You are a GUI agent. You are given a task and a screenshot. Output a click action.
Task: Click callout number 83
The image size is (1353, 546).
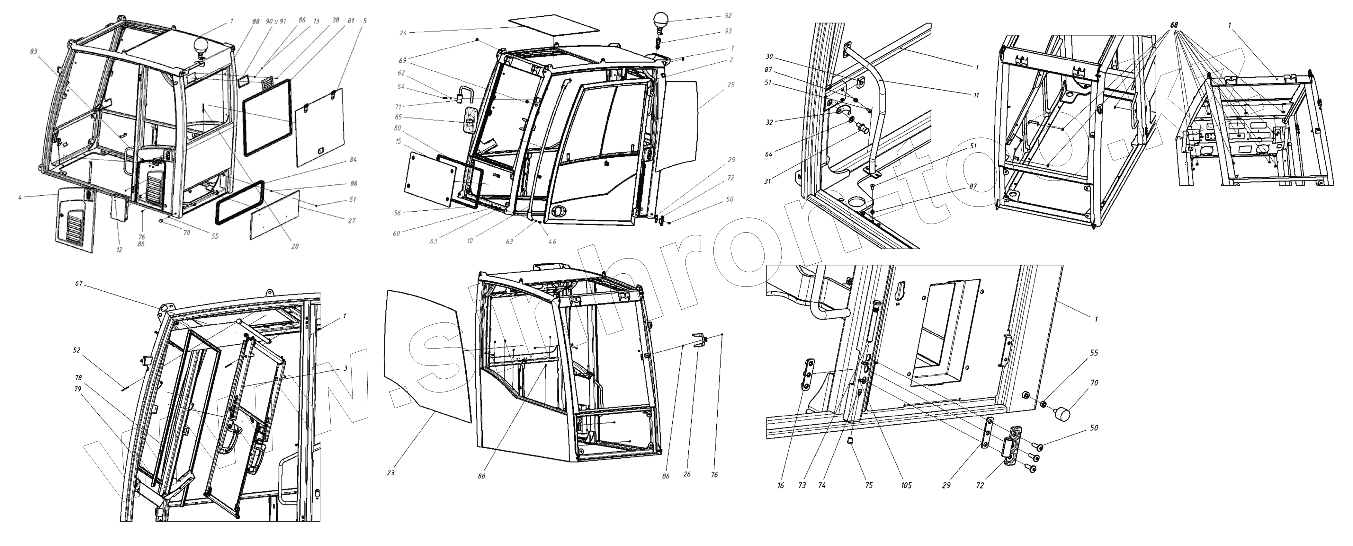(34, 51)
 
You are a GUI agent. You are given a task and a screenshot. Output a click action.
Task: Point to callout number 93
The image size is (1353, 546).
(728, 31)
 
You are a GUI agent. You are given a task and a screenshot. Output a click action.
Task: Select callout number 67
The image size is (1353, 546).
(79, 284)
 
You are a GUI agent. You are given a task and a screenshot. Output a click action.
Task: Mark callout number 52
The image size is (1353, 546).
(77, 350)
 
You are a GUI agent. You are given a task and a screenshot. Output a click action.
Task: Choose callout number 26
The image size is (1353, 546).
(687, 474)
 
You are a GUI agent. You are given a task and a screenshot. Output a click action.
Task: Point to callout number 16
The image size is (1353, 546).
(781, 486)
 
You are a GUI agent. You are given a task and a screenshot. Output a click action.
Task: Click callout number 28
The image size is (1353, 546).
(295, 246)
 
